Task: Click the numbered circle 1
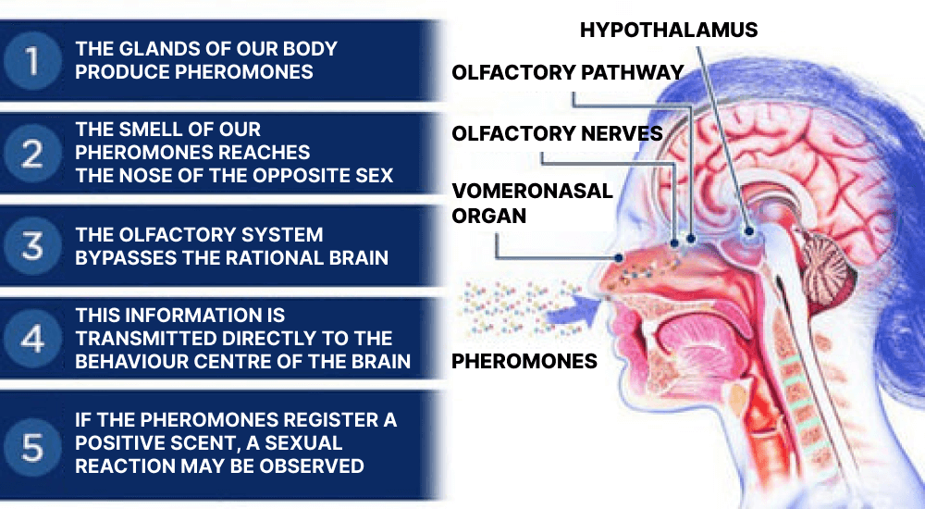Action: tap(31, 60)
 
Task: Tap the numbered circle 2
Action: tap(31, 153)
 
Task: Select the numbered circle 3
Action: tap(31, 245)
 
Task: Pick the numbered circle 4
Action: tap(31, 339)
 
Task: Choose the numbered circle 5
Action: tap(31, 447)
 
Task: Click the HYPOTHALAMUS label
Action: tap(669, 31)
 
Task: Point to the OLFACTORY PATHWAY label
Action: tap(568, 72)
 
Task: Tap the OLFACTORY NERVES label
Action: tap(557, 133)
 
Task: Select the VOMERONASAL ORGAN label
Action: tap(532, 203)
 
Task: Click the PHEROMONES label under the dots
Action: tap(524, 361)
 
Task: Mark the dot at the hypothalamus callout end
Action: tap(749, 231)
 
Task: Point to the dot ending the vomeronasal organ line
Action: tap(618, 257)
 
